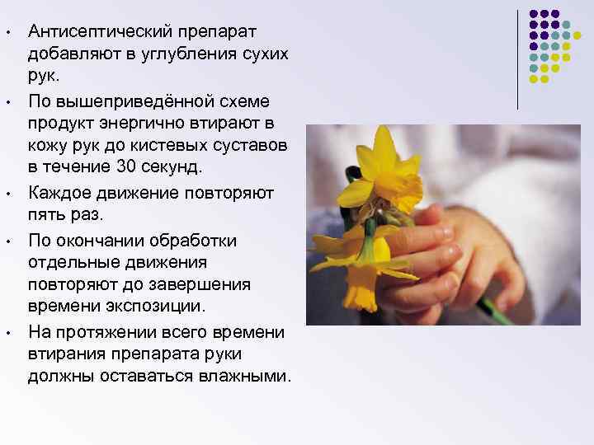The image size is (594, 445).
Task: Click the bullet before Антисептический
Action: [6, 33]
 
